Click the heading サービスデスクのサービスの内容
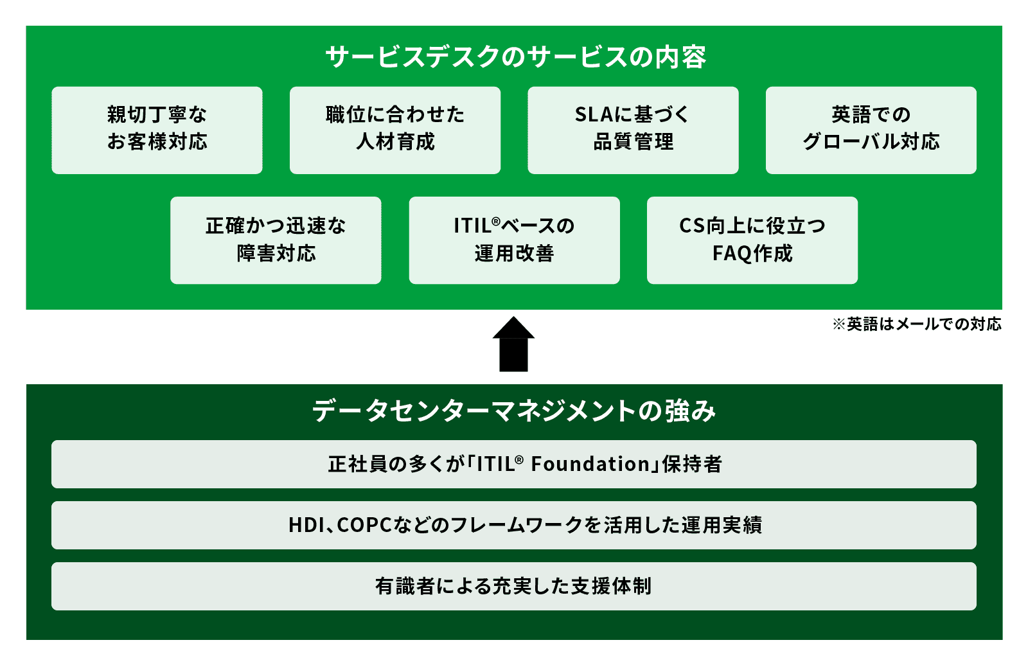coord(515,57)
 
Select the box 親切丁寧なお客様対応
coord(157,130)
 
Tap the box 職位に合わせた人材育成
coord(394,130)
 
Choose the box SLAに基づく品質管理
coord(633,130)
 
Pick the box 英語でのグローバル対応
coord(871,130)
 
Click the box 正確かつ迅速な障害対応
coord(276,240)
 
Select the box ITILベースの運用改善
coord(514,240)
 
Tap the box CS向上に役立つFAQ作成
coord(752,240)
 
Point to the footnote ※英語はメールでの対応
coord(917,324)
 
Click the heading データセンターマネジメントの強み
coord(514,411)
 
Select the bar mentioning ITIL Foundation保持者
coord(514,464)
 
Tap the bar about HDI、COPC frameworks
coord(514,525)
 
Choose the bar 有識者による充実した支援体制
coord(514,586)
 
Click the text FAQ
coord(731,254)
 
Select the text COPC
coord(364,525)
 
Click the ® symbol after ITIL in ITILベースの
coord(495,221)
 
